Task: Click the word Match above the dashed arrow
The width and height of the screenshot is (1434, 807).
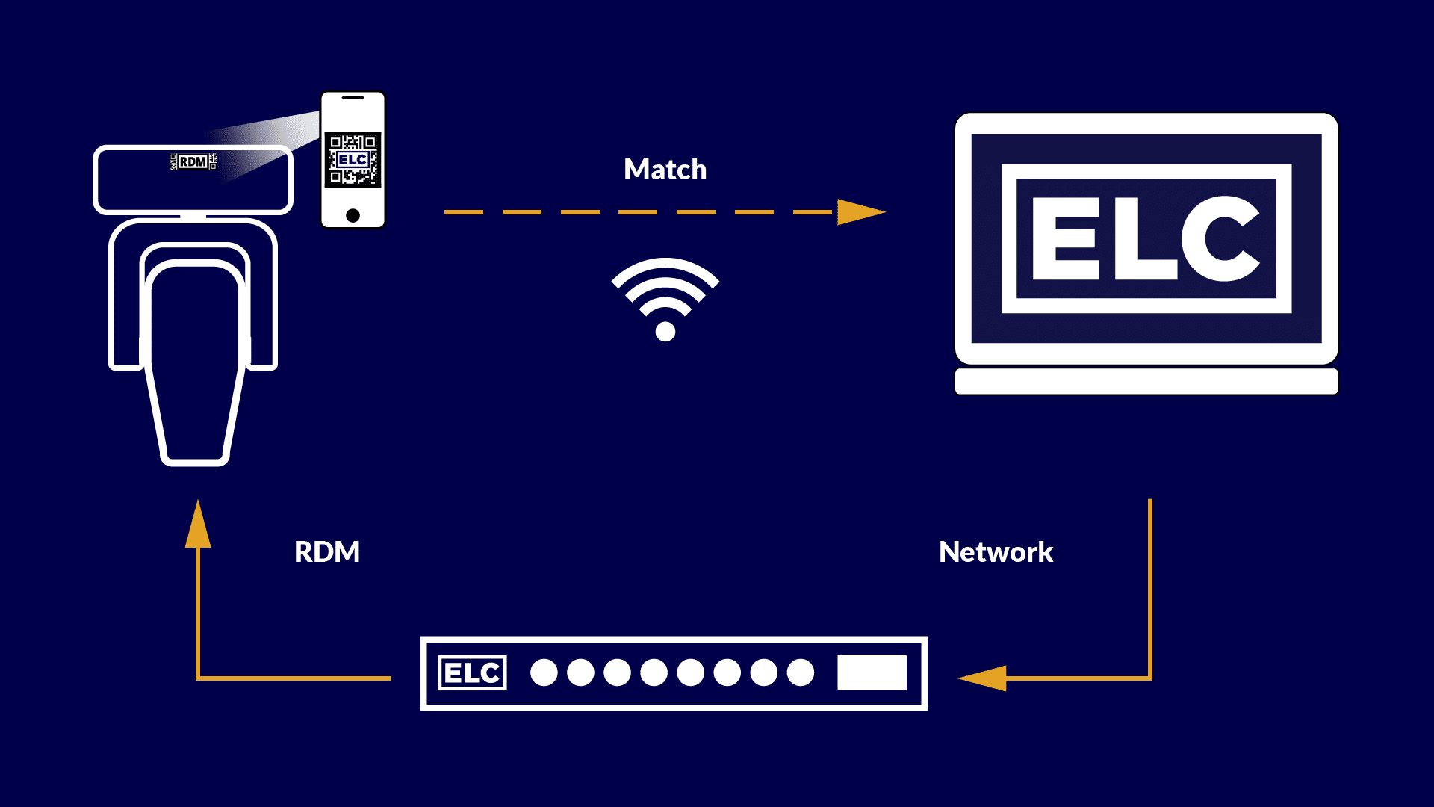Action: coord(665,170)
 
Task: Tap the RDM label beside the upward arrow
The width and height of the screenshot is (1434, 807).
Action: coord(327,552)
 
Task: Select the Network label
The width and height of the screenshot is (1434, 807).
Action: coord(996,552)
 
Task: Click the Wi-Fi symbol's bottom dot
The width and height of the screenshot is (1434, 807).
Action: coord(665,331)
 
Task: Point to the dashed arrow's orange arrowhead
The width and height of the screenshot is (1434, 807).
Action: coord(859,212)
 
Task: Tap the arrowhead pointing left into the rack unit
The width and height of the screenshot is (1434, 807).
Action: coord(984,678)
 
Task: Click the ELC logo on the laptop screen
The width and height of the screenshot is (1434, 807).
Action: coord(1146,238)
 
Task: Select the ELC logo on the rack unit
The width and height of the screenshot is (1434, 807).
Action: coord(472,673)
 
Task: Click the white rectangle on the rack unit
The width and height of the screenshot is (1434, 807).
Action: coord(872,672)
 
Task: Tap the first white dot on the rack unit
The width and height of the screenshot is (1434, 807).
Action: coord(544,672)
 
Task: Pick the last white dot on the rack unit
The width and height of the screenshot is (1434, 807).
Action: coord(801,672)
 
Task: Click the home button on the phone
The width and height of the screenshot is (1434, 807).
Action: coord(353,216)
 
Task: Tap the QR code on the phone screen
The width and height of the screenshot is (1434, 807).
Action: coord(353,159)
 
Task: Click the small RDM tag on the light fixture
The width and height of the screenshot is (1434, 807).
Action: coord(193,161)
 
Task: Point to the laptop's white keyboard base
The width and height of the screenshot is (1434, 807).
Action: coord(1146,381)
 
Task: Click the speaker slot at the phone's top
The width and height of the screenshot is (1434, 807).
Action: coord(353,97)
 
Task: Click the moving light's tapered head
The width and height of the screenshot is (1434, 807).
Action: coord(195,366)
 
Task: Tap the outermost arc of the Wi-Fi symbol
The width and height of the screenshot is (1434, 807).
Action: coord(665,266)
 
